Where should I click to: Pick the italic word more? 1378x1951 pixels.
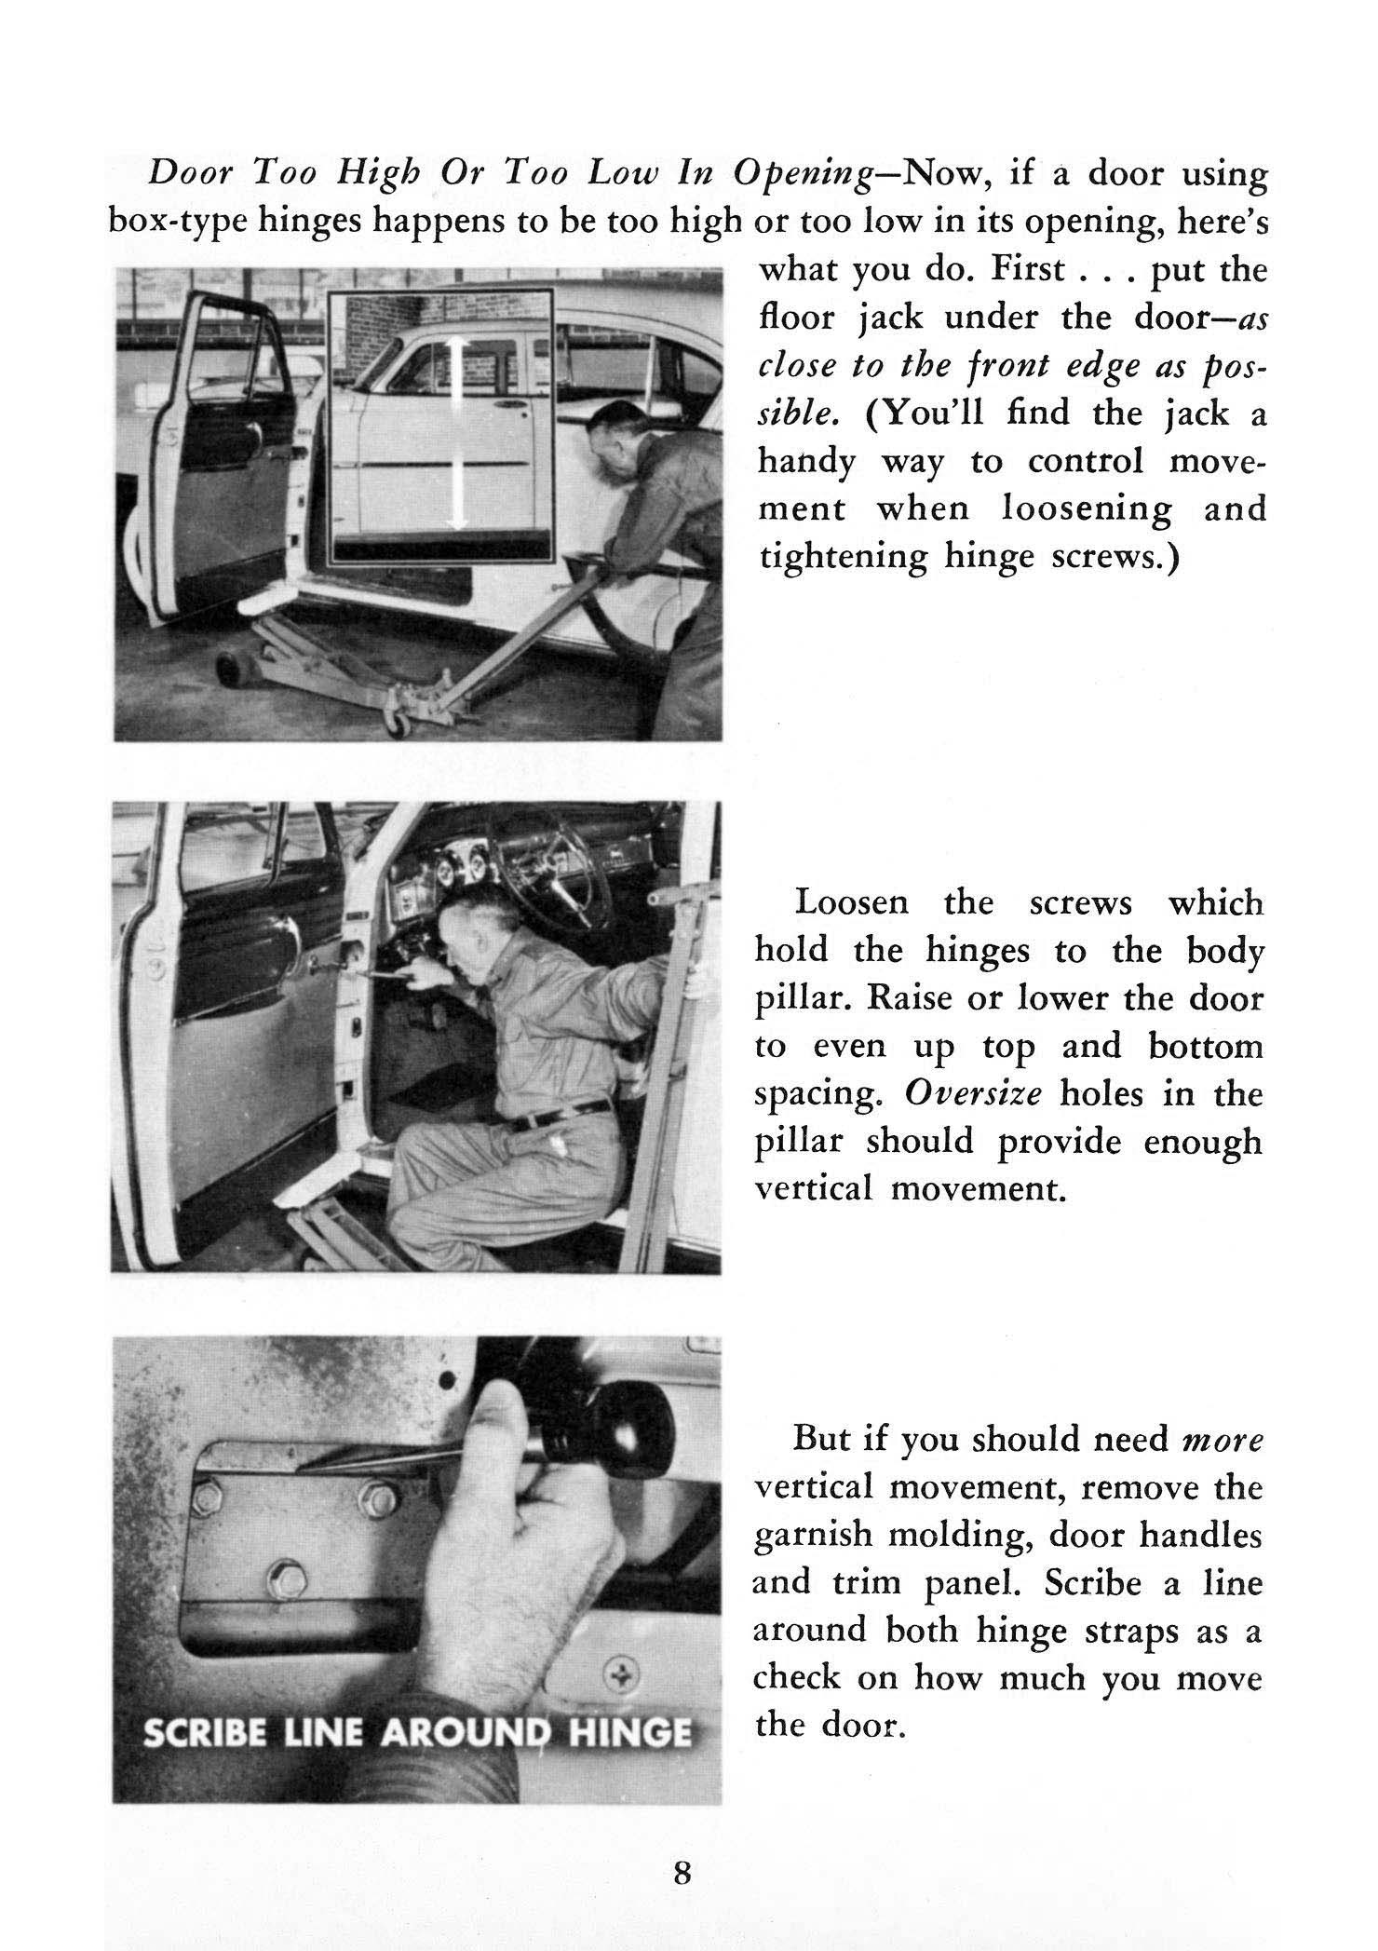coord(1222,1441)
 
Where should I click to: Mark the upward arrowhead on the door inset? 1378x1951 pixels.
coord(455,349)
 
